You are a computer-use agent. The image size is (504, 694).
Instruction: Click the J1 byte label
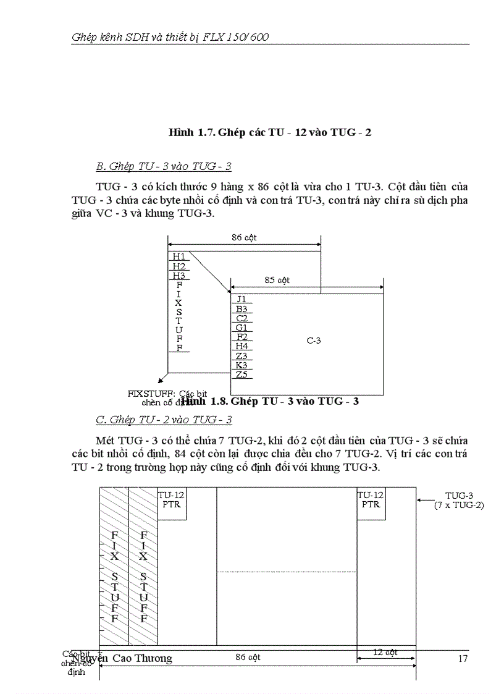pos(241,299)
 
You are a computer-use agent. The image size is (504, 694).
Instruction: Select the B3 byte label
pos(241,308)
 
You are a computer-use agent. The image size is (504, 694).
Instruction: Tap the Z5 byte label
pos(241,375)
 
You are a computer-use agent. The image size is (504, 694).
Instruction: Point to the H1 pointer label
pos(179,256)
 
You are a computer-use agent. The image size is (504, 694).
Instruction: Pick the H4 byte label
pos(241,346)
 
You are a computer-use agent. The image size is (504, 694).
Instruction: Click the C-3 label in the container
pos(314,340)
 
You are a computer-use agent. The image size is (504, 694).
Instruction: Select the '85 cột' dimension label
pos(277,280)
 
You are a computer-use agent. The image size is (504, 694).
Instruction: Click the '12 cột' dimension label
pos(385,652)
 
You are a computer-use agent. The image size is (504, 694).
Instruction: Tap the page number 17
pos(463,658)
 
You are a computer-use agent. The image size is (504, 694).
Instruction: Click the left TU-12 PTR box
pos(171,500)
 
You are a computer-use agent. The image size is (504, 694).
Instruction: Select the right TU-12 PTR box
pos(371,500)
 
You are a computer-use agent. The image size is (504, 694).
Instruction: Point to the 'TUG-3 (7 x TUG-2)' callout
pos(459,501)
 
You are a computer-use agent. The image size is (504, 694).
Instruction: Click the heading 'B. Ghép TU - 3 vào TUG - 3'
pos(164,166)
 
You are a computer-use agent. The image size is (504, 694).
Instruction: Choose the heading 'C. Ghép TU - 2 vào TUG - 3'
pos(164,420)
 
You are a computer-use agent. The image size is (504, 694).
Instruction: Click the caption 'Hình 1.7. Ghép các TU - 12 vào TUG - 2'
pos(270,132)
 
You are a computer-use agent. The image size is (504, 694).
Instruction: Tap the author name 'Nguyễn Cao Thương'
pos(122,658)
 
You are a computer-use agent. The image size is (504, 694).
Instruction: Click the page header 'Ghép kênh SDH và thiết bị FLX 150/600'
pos(170,37)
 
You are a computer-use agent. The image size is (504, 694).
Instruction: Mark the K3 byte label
pos(241,365)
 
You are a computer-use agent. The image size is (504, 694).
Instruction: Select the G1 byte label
pos(241,328)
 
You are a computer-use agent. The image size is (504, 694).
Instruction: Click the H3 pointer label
pos(179,276)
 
